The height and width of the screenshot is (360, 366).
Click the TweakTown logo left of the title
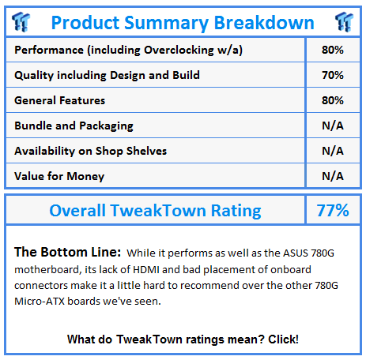[x=21, y=22]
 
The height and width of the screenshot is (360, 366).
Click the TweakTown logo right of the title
[x=344, y=22]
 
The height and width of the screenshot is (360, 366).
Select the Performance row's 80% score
[x=333, y=50]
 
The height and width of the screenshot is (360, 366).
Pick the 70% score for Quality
[x=333, y=75]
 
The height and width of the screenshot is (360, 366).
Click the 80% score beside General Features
[x=333, y=100]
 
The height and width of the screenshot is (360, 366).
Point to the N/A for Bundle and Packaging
[x=333, y=126]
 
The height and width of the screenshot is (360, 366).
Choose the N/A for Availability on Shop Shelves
[x=333, y=151]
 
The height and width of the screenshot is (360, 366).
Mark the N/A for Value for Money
[x=333, y=176]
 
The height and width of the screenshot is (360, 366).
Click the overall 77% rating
[x=333, y=210]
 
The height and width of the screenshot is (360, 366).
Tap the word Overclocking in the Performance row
[x=179, y=50]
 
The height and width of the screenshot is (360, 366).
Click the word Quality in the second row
[x=34, y=76]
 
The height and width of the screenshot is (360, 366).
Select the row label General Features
[x=60, y=100]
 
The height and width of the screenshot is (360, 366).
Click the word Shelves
[x=146, y=151]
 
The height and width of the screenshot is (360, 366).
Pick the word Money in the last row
[x=85, y=177]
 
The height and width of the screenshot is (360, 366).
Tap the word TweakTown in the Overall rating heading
[x=158, y=211]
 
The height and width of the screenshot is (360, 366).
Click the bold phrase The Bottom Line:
[x=68, y=252]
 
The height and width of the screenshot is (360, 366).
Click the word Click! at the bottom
[x=283, y=339]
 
